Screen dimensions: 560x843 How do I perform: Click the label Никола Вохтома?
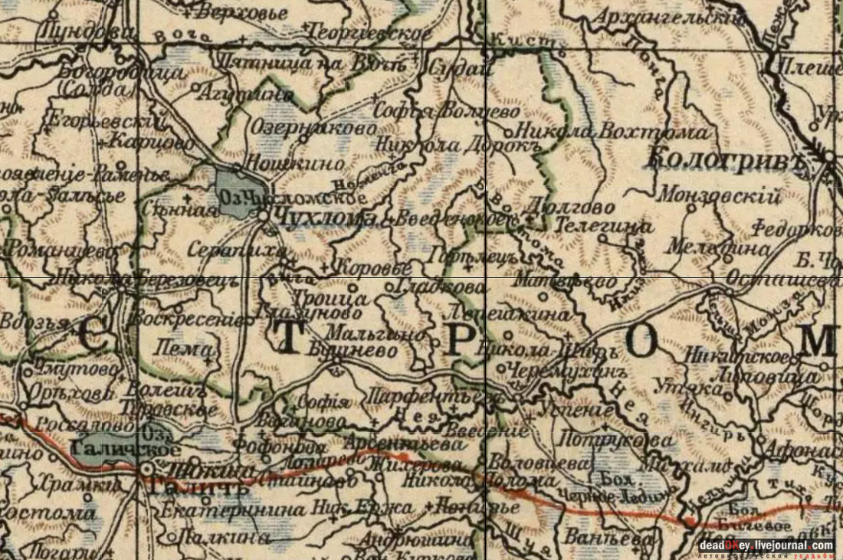click(613, 133)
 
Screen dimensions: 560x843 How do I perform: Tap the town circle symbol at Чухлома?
click(263, 217)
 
